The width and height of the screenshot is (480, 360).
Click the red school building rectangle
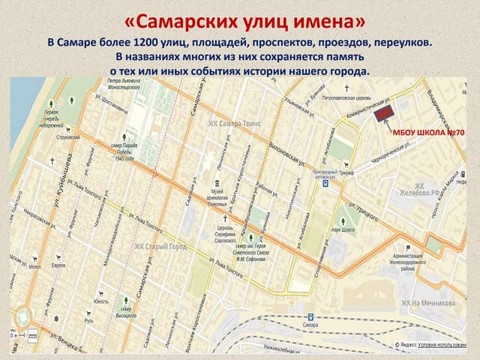tap(385, 112)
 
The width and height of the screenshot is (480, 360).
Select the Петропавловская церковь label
tap(346, 97)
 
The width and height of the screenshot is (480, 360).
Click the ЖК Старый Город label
tap(160, 245)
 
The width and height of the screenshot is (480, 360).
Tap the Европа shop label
tap(58, 266)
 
